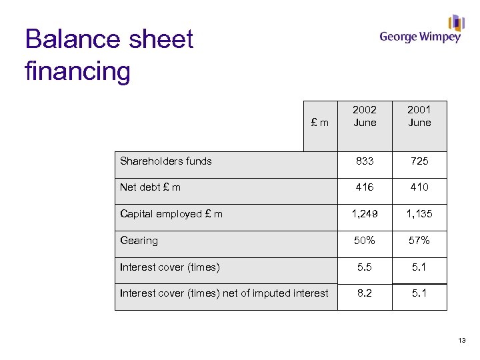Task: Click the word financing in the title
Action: click(77, 71)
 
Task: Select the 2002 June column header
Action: click(365, 116)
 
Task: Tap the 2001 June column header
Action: click(419, 116)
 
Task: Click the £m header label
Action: click(321, 123)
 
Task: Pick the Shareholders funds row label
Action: click(166, 161)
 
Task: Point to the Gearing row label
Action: click(139, 241)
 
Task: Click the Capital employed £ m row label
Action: click(171, 214)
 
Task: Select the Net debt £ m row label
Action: click(150, 187)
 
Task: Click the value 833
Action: click(365, 161)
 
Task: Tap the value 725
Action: click(419, 161)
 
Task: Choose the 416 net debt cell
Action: click(365, 187)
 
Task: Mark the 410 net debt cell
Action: click(419, 187)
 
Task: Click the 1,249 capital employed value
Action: click(365, 214)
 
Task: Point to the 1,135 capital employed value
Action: click(419, 214)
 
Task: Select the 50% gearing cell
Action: click(365, 241)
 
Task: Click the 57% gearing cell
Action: click(419, 241)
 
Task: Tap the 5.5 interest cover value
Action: click(365, 267)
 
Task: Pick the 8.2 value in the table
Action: click(365, 293)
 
